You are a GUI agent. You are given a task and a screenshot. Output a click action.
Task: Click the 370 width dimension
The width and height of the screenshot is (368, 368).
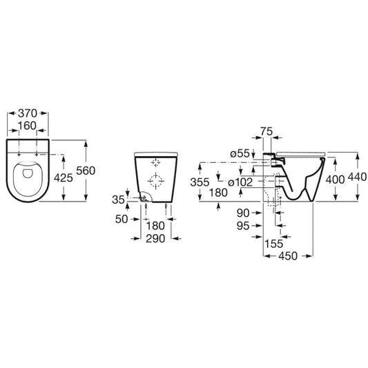[28, 113]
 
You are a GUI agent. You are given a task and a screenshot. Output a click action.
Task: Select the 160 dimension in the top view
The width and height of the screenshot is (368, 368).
[27, 126]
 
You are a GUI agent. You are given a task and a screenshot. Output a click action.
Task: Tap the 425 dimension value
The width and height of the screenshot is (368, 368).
[64, 177]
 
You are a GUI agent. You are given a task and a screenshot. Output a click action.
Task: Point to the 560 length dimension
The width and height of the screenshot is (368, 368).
[86, 171]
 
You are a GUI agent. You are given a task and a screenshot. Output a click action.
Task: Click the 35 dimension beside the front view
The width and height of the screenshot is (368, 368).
[118, 200]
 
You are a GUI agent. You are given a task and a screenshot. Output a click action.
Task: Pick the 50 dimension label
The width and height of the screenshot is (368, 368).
[122, 219]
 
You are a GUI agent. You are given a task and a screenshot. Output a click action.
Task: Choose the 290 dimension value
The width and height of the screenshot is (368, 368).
[155, 239]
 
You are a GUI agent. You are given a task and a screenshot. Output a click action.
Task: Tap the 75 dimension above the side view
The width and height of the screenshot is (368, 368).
[267, 131]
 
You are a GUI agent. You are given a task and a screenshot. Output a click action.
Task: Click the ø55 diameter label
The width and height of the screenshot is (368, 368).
[240, 154]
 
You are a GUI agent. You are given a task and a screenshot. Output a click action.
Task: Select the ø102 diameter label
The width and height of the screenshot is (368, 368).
[240, 182]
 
